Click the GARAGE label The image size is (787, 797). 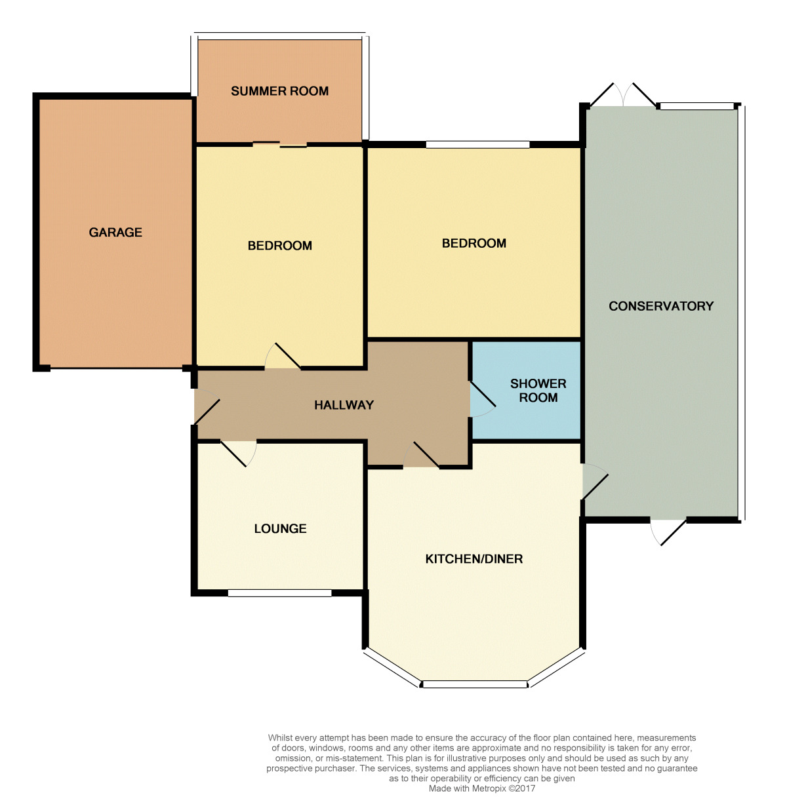click(x=115, y=233)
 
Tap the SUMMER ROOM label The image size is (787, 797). click(x=279, y=91)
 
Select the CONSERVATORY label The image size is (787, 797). click(x=660, y=306)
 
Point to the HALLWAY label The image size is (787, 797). click(x=344, y=405)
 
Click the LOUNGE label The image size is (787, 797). click(x=280, y=528)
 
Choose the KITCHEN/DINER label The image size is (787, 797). click(x=474, y=559)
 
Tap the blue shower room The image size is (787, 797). click(x=526, y=391)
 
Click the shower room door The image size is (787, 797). click(x=482, y=399)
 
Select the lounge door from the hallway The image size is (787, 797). click(x=239, y=454)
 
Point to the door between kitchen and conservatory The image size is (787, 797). click(x=595, y=481)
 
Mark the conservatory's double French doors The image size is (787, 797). click(x=623, y=95)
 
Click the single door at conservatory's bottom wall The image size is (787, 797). click(x=668, y=532)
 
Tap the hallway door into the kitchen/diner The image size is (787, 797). click(x=421, y=455)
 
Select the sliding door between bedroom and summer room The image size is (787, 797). click(x=279, y=144)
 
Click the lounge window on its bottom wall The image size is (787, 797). click(x=280, y=593)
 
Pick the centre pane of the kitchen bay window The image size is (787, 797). click(x=474, y=684)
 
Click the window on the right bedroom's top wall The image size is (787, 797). click(x=477, y=144)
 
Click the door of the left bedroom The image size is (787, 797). click(x=283, y=356)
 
